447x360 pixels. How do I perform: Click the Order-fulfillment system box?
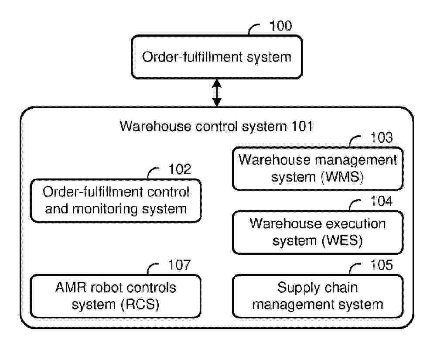(x=216, y=57)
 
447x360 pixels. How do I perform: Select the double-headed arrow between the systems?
(x=216, y=93)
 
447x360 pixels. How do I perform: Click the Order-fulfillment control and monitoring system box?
(x=116, y=201)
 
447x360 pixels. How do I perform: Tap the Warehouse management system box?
(x=317, y=169)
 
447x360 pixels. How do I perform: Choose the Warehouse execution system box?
(x=317, y=232)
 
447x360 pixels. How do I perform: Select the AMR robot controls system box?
(x=116, y=296)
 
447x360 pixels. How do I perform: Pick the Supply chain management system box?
(x=317, y=296)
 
